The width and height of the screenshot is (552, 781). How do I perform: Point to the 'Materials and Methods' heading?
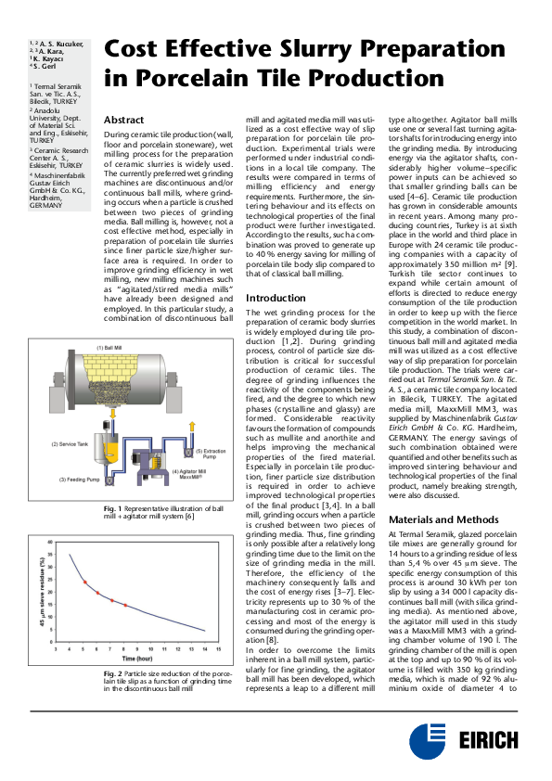tap(444, 519)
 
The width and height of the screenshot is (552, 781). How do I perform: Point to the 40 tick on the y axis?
tap(51, 541)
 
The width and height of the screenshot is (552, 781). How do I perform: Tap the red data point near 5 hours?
tap(84, 583)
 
